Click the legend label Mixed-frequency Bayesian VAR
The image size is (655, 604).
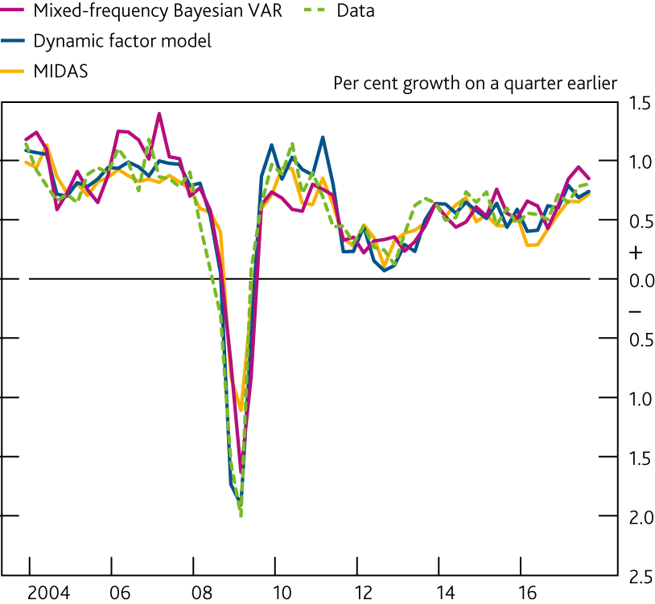(158, 10)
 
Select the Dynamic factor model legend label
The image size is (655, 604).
(122, 41)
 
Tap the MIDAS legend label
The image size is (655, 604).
(60, 71)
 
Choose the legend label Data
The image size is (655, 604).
(356, 10)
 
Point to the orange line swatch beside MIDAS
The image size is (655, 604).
(14, 71)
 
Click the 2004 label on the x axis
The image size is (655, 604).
(48, 594)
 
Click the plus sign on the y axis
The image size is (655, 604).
(636, 253)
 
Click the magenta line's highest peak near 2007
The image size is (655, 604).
(159, 113)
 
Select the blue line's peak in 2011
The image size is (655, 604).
(323, 137)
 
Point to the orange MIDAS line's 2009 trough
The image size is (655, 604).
(240, 410)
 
